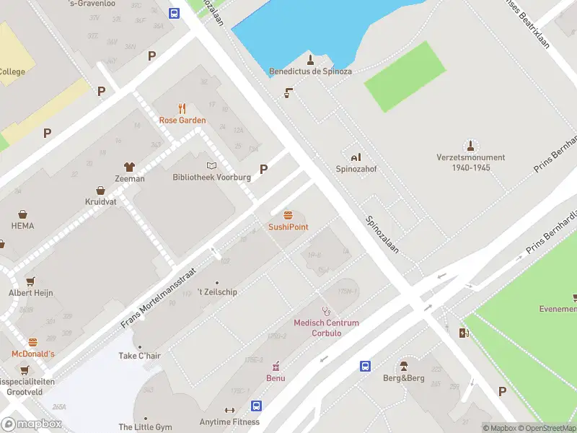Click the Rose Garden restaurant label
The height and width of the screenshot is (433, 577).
pos(182,121)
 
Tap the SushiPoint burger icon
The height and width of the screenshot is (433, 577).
pos(288,215)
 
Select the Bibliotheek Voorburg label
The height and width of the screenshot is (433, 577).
pos(211,178)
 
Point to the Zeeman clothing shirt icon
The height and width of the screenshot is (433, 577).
pos(130,167)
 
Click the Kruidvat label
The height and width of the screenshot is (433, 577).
pos(100,202)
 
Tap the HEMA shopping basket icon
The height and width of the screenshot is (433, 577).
pos(22,214)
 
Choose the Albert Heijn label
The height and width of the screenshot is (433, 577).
pos(30,292)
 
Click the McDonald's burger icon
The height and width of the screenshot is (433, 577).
pos(32,342)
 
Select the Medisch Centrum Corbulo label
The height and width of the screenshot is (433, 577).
pos(326,328)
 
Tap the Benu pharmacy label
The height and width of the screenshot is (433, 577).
pos(275,378)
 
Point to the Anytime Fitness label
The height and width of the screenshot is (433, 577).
pos(229,422)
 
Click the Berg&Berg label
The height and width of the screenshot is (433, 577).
pos(403,378)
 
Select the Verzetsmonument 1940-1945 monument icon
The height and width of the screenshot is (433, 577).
pos(470,145)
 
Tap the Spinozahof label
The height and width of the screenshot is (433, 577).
pos(356,169)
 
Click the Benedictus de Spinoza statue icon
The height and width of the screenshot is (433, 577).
pos(310,59)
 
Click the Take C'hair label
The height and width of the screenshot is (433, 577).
pos(139,356)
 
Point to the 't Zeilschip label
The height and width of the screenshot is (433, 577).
pos(217,292)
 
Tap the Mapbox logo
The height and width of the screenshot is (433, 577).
pos(32,424)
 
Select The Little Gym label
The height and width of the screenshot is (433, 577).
pos(145,427)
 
